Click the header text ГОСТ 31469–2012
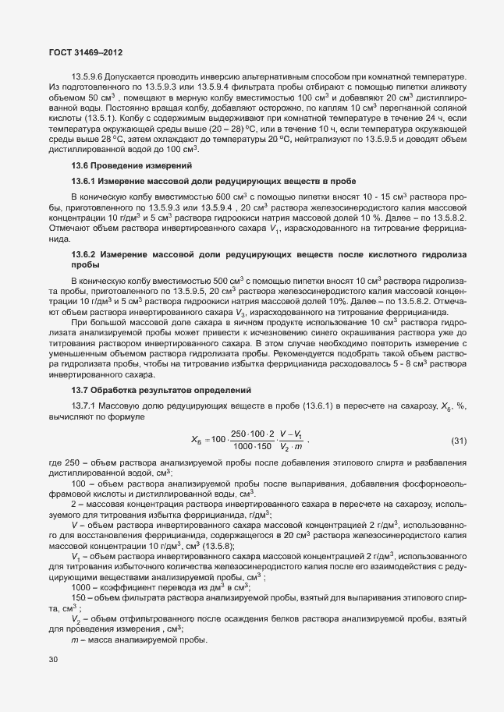click(82, 51)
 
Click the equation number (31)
click(459, 441)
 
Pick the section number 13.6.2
click(84, 255)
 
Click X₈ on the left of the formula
click(197, 441)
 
